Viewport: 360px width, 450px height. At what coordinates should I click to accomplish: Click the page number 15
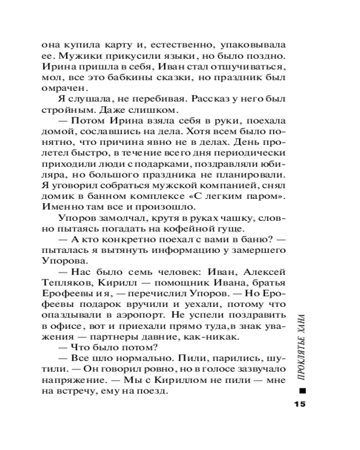pyautogui.click(x=299, y=403)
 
